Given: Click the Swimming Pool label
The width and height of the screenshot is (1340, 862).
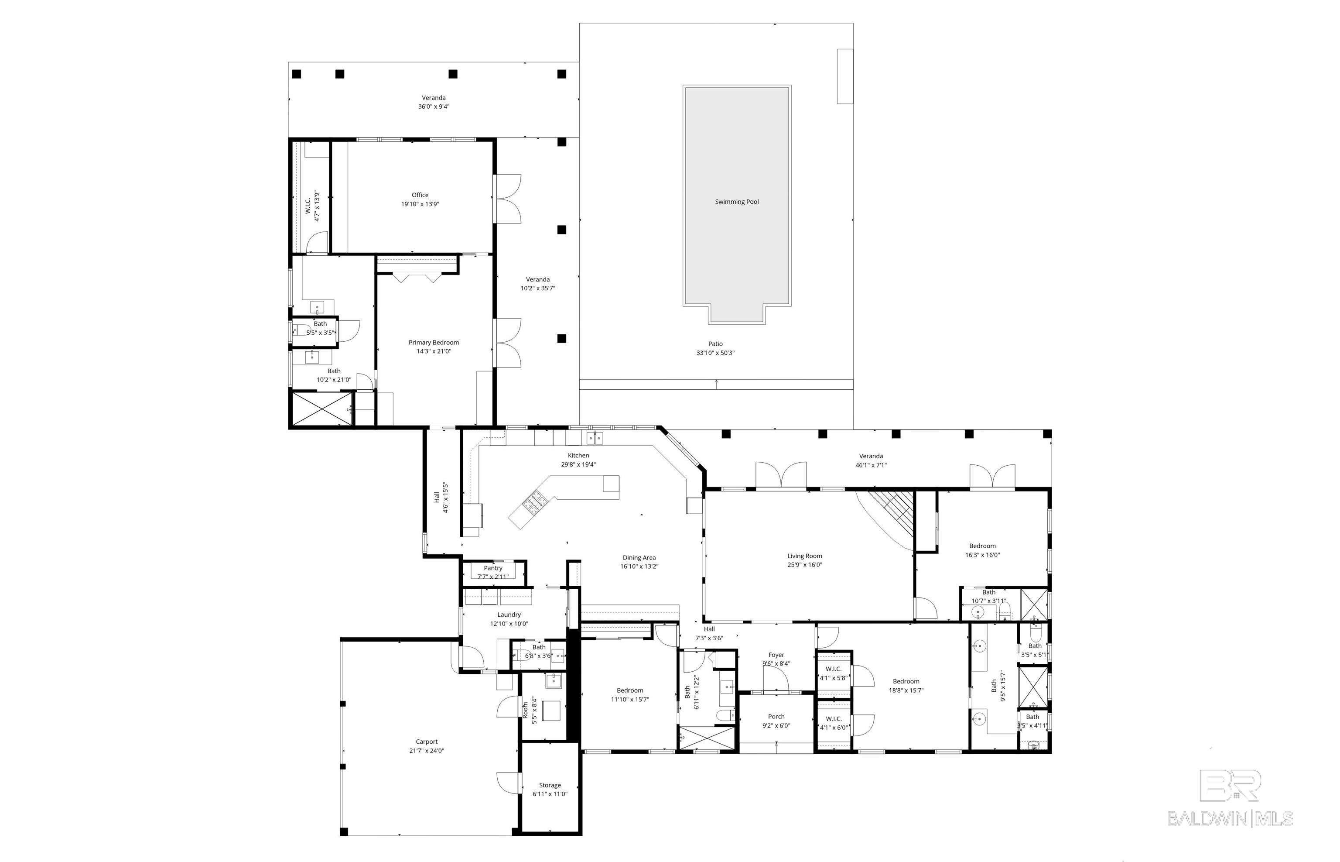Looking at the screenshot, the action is pyautogui.click(x=737, y=202).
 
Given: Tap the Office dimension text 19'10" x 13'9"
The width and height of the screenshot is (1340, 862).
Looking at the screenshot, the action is pyautogui.click(x=420, y=204).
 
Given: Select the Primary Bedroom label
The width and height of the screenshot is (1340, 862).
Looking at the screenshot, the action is pyautogui.click(x=434, y=343).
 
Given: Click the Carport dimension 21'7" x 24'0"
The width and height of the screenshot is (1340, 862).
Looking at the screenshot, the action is pyautogui.click(x=427, y=751).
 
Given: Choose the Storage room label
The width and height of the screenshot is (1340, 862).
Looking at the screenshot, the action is pyautogui.click(x=550, y=785).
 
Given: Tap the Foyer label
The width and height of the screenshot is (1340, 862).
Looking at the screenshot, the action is pyautogui.click(x=776, y=655).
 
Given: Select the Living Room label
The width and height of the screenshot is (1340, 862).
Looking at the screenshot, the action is pyautogui.click(x=805, y=556).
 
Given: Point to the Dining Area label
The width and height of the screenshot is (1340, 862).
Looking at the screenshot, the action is pyautogui.click(x=639, y=557).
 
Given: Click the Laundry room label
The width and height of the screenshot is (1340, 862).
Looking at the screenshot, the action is pyautogui.click(x=509, y=615).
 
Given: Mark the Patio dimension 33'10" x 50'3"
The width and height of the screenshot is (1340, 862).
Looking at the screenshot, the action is pyautogui.click(x=715, y=353).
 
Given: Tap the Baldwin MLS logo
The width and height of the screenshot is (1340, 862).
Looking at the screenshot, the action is pyautogui.click(x=1231, y=798).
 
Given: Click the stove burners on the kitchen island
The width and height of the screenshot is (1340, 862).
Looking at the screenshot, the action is pyautogui.click(x=534, y=501).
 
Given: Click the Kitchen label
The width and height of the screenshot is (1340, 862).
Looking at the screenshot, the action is pyautogui.click(x=578, y=456).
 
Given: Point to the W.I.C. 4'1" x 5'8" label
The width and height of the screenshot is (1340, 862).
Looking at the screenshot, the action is pyautogui.click(x=833, y=673).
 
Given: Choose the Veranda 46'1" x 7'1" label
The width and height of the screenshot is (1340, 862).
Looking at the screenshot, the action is pyautogui.click(x=871, y=460).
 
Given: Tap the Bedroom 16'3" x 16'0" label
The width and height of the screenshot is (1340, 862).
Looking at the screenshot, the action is pyautogui.click(x=983, y=551).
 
